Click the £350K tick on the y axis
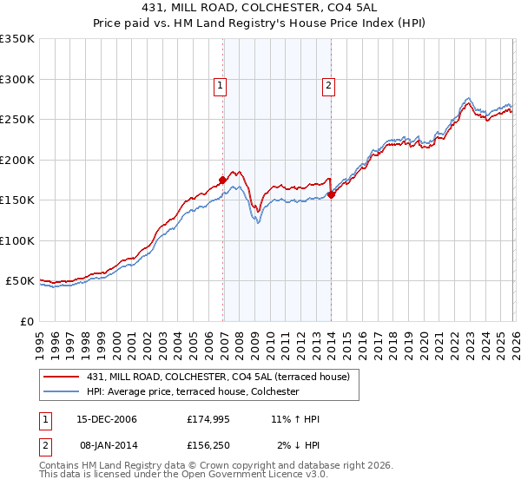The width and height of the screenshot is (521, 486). pyautogui.click(x=17, y=39)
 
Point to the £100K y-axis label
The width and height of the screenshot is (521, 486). pyautogui.click(x=17, y=240)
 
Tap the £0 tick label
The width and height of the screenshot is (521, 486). pyautogui.click(x=27, y=321)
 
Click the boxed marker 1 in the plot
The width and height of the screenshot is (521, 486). pyautogui.click(x=221, y=86)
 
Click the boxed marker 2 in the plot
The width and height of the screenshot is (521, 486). pyautogui.click(x=329, y=86)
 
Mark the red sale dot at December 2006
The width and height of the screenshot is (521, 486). pyautogui.click(x=223, y=180)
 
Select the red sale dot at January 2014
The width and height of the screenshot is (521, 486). pyautogui.click(x=332, y=194)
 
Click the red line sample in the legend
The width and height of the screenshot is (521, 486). pyautogui.click(x=61, y=377)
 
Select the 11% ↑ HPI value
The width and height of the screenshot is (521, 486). pyautogui.click(x=295, y=419)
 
